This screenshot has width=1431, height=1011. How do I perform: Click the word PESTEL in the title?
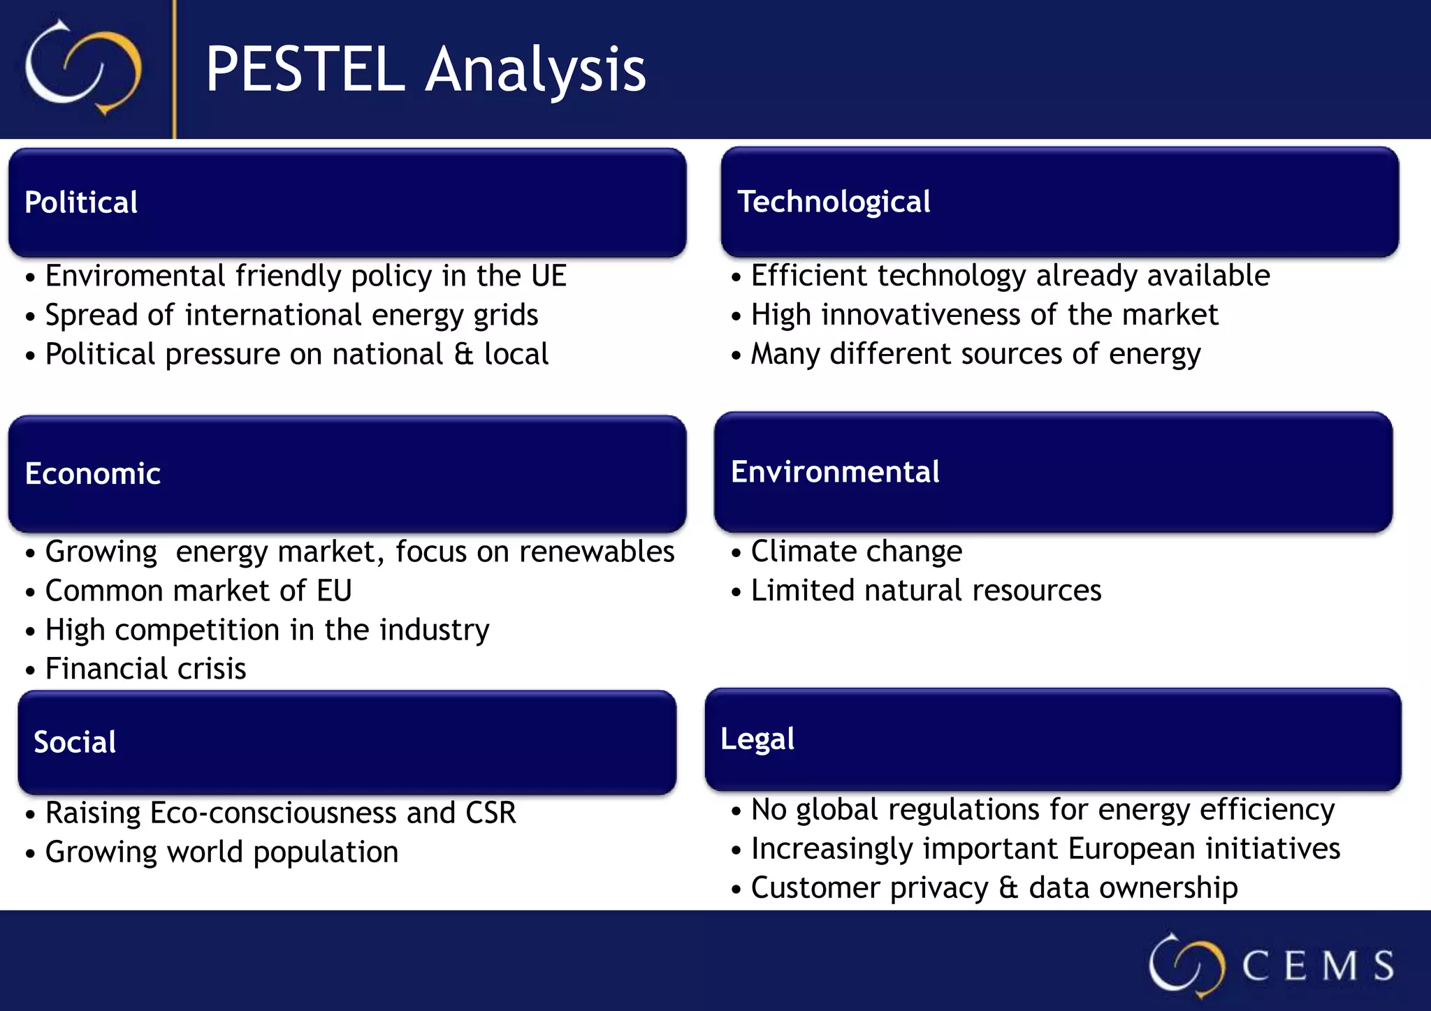tap(305, 69)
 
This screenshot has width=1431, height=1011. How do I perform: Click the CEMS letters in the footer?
tap(1317, 966)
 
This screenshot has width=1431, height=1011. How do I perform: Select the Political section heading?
tap(81, 202)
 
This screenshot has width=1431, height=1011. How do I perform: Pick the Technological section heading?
tap(834, 202)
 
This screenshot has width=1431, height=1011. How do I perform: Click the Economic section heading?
tap(93, 474)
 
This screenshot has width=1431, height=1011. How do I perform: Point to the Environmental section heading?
tap(835, 472)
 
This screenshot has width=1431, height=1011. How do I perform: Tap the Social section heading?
tap(75, 742)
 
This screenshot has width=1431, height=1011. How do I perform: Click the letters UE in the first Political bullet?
tap(549, 276)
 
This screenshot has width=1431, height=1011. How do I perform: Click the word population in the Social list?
tap(326, 853)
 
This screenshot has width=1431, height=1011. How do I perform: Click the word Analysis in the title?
tap(536, 69)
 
